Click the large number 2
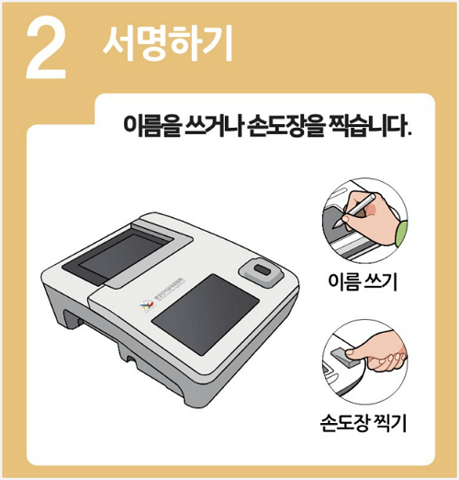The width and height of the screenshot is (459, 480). tap(45, 49)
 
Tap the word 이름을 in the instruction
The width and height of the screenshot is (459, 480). tap(148, 125)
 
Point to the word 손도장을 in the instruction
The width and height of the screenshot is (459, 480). tap(285, 125)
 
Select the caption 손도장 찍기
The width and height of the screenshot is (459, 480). tap(363, 424)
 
